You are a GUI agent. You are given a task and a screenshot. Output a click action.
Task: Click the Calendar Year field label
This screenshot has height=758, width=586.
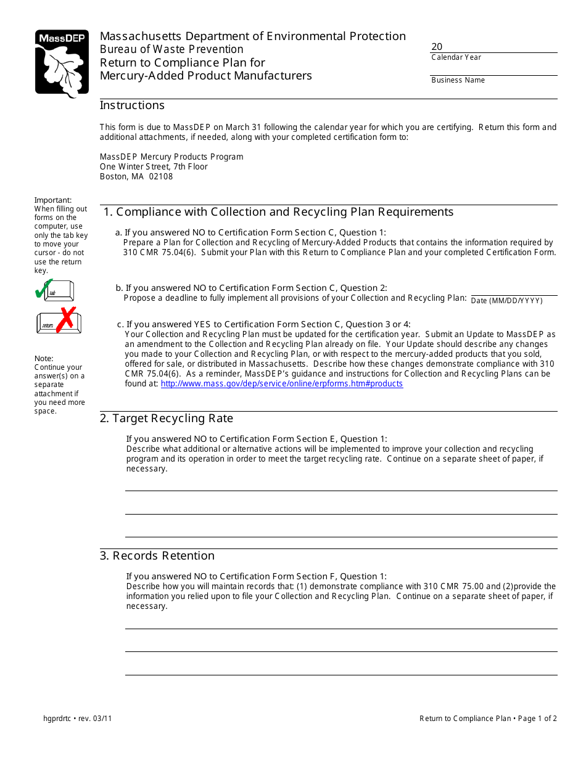[456, 57]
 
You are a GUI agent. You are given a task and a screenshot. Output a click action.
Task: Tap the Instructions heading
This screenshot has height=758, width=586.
[132, 105]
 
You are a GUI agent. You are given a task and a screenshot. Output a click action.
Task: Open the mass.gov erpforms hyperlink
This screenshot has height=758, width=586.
[281, 384]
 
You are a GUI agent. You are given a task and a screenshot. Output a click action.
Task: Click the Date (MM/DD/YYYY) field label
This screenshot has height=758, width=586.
[506, 301]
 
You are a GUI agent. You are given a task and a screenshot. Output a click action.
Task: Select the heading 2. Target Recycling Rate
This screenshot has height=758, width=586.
[167, 419]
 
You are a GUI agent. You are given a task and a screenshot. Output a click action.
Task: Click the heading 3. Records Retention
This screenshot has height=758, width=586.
[157, 556]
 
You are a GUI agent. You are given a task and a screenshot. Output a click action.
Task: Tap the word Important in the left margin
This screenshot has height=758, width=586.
[52, 200]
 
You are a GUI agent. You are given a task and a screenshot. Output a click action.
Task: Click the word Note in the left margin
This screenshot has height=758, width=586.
[43, 359]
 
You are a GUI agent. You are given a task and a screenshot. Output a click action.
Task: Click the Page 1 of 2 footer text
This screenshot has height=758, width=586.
[537, 719]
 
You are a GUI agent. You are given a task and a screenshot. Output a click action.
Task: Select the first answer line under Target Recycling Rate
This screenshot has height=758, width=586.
[341, 490]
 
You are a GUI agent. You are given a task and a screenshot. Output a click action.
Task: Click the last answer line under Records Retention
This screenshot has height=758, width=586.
[341, 674]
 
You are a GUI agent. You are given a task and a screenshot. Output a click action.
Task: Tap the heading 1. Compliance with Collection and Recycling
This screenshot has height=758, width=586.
[278, 212]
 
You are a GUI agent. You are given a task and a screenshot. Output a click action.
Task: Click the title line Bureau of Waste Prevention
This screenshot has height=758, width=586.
[171, 49]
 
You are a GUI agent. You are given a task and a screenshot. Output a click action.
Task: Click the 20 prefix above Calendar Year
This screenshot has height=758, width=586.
[437, 47]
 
